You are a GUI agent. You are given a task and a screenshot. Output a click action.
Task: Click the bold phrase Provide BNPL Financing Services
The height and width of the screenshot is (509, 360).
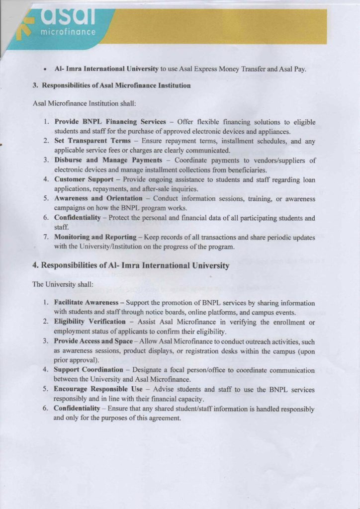point(110,122)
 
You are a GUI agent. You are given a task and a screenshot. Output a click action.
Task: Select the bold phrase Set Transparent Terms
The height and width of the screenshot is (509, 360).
point(92,141)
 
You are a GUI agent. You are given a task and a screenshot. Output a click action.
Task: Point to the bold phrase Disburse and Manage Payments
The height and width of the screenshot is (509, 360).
point(108,160)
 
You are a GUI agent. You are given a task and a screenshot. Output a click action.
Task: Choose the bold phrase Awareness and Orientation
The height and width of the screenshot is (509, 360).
point(98,198)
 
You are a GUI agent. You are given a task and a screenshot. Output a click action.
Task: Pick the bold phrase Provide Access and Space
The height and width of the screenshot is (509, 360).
point(93,341)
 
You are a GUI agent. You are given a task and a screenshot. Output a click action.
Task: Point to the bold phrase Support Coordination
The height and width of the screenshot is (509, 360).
point(89,370)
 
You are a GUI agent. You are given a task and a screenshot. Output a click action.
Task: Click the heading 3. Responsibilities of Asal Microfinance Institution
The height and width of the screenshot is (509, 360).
point(111,85)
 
